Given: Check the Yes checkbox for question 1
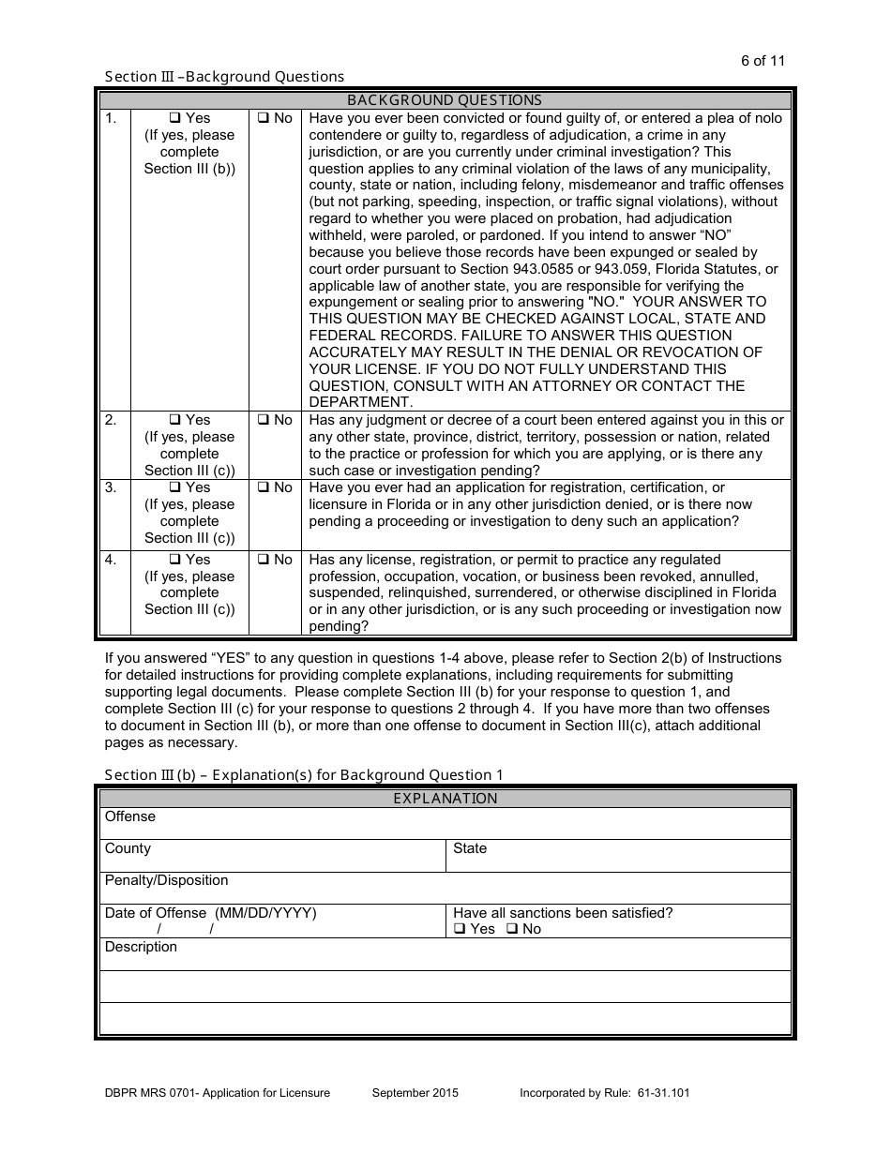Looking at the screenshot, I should tap(174, 119).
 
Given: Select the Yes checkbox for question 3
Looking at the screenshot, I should tap(174, 488).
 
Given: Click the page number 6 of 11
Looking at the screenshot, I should tap(763, 61).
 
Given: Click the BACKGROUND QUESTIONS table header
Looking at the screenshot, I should tap(445, 100).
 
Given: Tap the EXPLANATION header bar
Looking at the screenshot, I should tap(445, 799).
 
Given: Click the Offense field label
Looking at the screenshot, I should tap(130, 816).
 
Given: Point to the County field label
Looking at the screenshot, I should tap(128, 848).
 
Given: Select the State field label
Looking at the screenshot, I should tap(470, 848).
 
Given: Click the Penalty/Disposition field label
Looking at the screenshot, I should tap(166, 880).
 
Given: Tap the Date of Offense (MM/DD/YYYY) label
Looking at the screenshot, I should tap(210, 913).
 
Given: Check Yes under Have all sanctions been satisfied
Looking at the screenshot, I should tap(460, 930).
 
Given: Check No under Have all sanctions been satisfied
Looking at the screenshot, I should tap(512, 930).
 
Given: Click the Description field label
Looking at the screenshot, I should tap(141, 947).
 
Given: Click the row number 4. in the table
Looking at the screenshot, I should tap(111, 560).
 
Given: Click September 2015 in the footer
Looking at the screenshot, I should tap(415, 1093).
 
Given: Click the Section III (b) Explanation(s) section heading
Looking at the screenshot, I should tap(304, 775).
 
